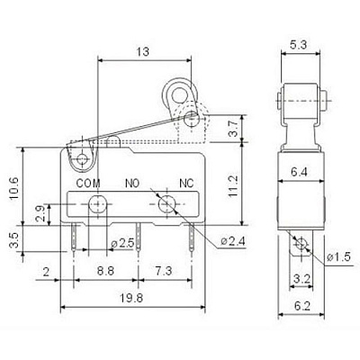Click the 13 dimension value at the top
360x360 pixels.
coord(143,51)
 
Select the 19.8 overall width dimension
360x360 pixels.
coord(132,298)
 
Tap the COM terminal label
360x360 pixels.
coord(88,184)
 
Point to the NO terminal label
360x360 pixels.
coord(132,183)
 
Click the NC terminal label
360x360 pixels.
coord(186,183)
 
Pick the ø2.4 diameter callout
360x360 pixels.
coord(233,241)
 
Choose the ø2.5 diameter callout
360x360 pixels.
coord(122,243)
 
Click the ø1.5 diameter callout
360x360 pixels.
coord(338,256)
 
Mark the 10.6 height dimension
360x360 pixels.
coord(14,188)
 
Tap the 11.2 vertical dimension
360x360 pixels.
coord(233,186)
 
